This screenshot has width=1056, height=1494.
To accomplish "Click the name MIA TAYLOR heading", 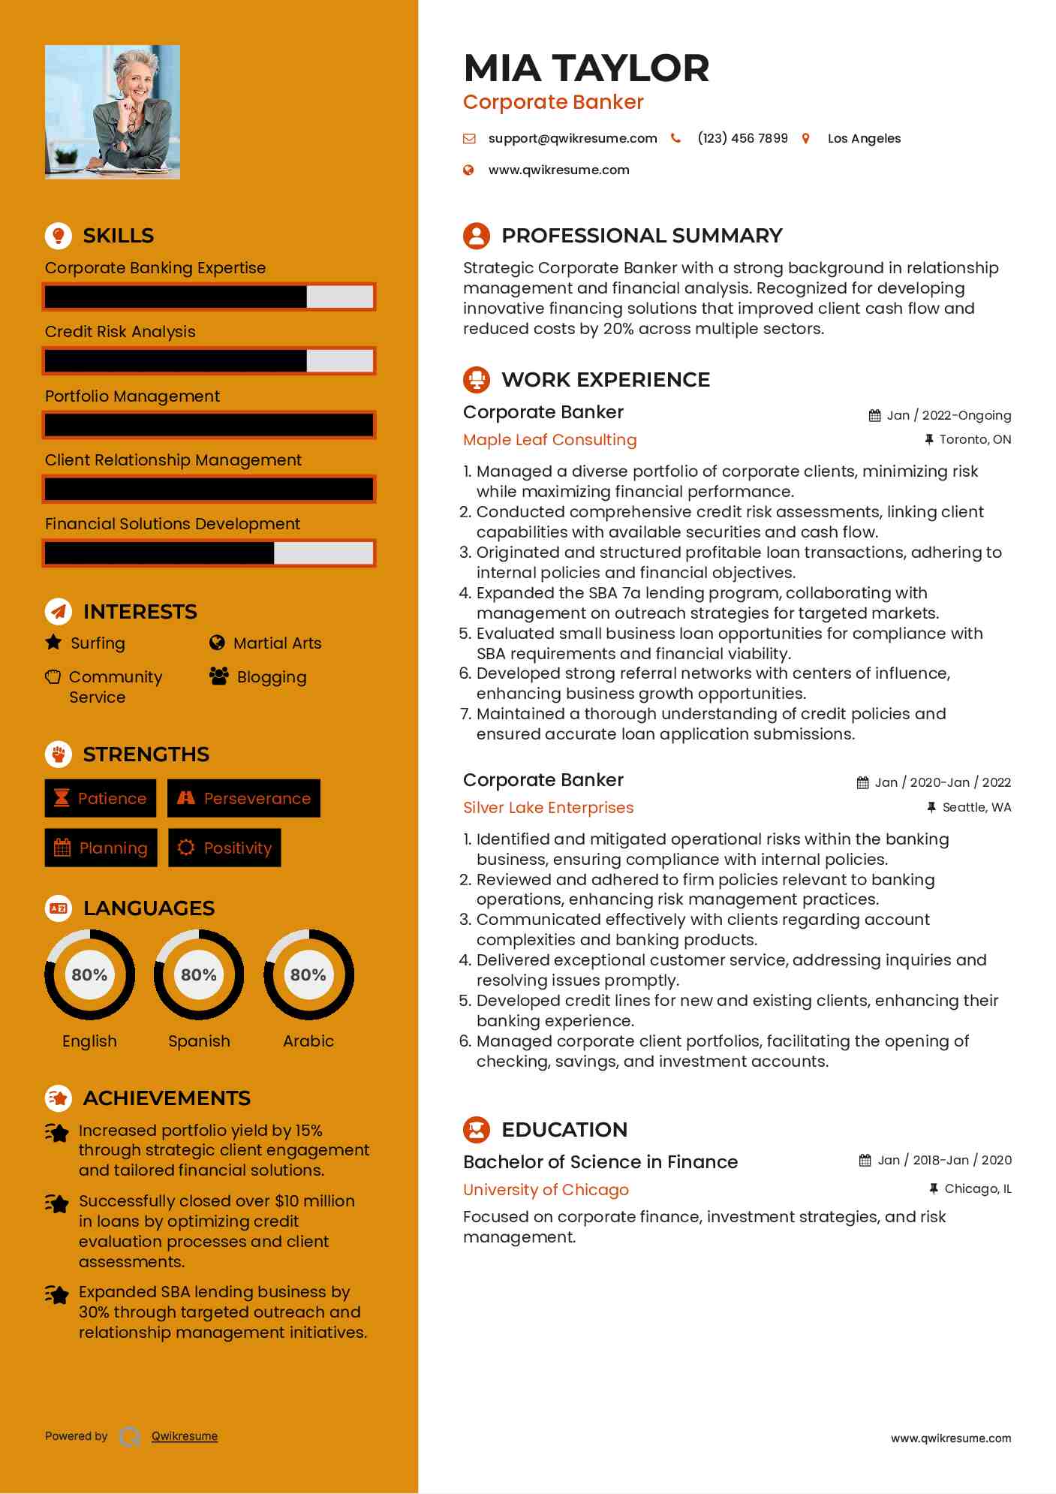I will coord(585,68).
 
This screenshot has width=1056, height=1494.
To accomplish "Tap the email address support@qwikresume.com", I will coord(572,138).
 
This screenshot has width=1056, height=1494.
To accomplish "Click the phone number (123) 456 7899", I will coord(742,138).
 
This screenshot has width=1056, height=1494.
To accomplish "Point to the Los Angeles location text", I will coord(863,138).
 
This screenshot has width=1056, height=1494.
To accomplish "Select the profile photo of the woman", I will coord(113,112).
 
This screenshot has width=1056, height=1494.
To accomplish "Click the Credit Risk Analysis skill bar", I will coord(209,361).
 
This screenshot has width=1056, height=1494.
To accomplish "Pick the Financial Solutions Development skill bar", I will coord(209,553).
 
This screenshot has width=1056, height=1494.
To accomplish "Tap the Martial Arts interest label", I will coord(277,643).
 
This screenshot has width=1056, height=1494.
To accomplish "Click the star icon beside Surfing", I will coord(53,643).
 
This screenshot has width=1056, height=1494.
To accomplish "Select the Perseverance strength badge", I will coord(244,798).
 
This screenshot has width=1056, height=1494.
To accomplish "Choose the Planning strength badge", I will coord(101,848).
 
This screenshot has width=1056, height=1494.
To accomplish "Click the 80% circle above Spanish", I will coord(199,974).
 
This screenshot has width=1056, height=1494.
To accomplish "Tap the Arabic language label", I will coord(308,1041).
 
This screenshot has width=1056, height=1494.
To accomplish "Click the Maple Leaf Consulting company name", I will coord(549,440).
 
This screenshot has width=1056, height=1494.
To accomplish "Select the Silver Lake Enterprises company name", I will coord(548,808).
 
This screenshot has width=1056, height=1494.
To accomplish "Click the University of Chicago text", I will coord(546,1190).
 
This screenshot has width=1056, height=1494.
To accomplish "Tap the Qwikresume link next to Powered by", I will coord(185,1436).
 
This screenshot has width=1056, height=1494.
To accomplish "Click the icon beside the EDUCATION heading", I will coord(477,1130).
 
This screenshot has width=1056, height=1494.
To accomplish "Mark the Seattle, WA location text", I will coord(976,807).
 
